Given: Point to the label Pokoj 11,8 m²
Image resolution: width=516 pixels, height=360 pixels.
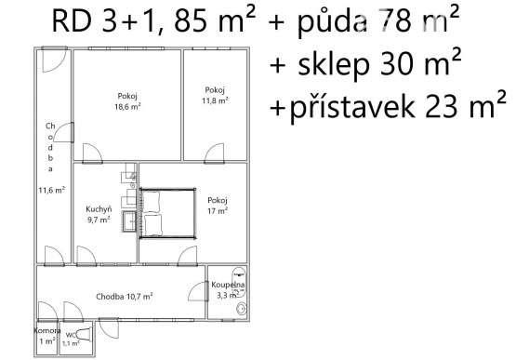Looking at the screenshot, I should [x=215, y=96].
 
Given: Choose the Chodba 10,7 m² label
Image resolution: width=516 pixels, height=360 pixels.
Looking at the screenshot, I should [x=124, y=297].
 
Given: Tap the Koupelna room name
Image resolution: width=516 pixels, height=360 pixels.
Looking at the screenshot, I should [x=227, y=284].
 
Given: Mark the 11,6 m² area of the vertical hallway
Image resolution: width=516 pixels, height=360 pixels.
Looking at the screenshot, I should [x=50, y=190].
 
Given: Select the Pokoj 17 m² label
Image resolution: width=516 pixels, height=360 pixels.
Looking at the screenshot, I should [x=218, y=206].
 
